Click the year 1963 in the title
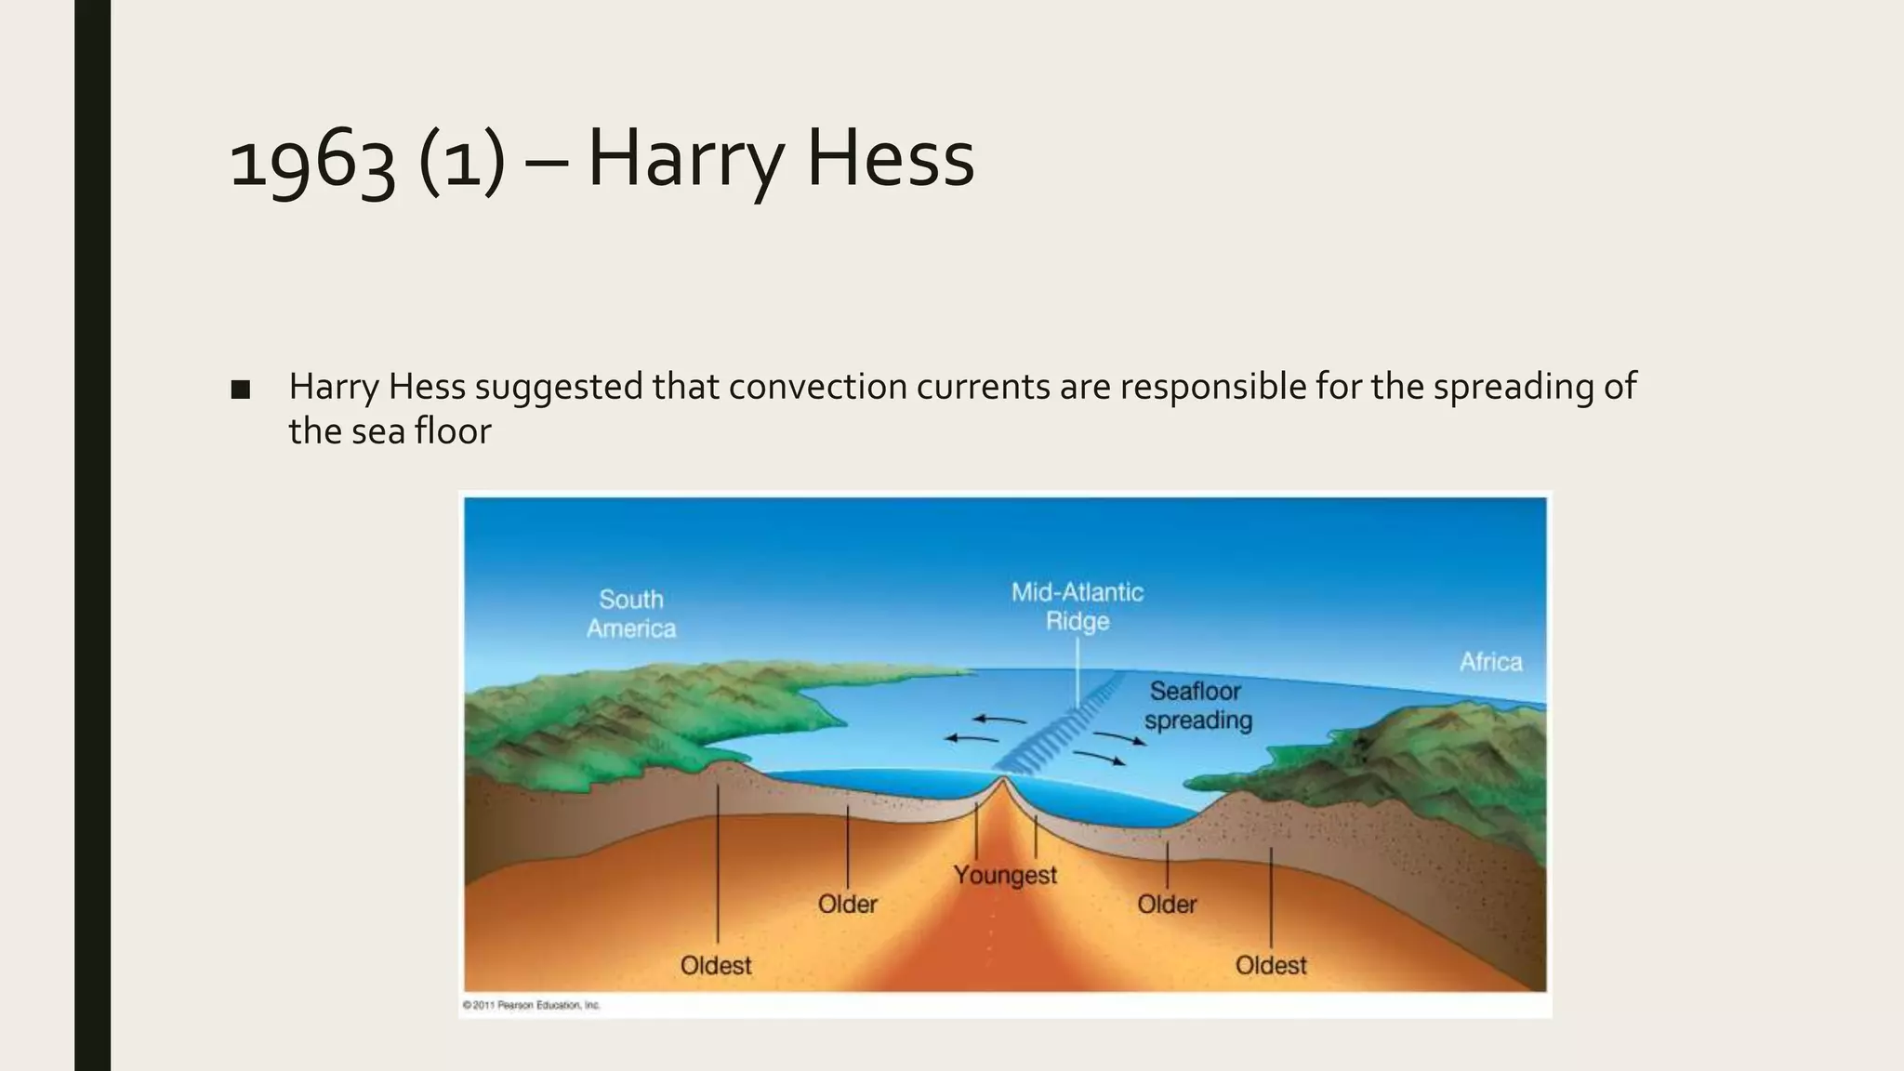311,160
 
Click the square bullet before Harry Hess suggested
241,390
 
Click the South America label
631,614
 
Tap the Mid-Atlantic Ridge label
1078,606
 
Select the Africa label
1490,662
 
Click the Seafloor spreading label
1197,706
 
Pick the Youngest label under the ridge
1005,875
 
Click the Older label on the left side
847,904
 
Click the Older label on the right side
1167,904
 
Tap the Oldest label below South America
715,965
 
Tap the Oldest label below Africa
1270,965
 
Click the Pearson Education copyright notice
532,1005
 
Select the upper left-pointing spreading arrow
999,720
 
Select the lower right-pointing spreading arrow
1100,758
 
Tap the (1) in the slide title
462,160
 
